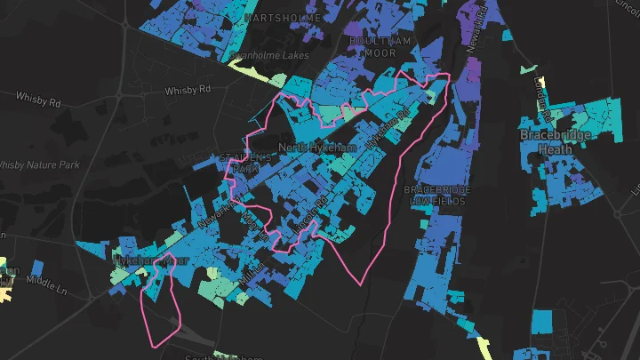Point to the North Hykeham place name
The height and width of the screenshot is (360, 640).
[317, 147]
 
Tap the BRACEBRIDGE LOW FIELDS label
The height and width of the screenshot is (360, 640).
[436, 196]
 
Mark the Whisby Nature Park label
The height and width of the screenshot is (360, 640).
[40, 165]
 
